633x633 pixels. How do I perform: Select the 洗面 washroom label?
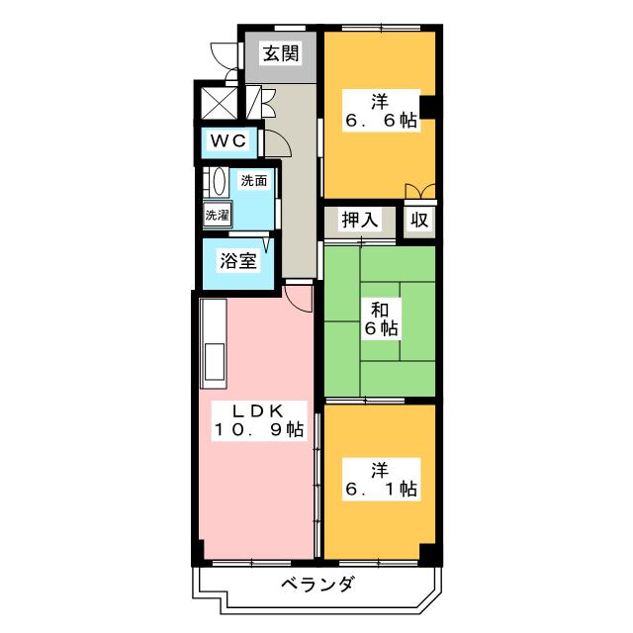tap(254, 181)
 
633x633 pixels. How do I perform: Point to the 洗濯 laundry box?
tap(217, 214)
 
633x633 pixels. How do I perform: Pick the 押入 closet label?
tap(360, 220)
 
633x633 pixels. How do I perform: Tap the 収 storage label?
tap(420, 220)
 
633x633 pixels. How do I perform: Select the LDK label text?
tap(259, 409)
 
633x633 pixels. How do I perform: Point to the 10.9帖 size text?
tap(259, 429)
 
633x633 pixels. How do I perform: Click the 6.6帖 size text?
tap(381, 121)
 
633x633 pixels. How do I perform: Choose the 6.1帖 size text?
tap(381, 489)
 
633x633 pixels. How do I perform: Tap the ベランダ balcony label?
tap(316, 584)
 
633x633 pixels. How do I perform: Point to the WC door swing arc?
tap(277, 144)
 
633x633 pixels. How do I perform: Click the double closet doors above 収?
tap(419, 191)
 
